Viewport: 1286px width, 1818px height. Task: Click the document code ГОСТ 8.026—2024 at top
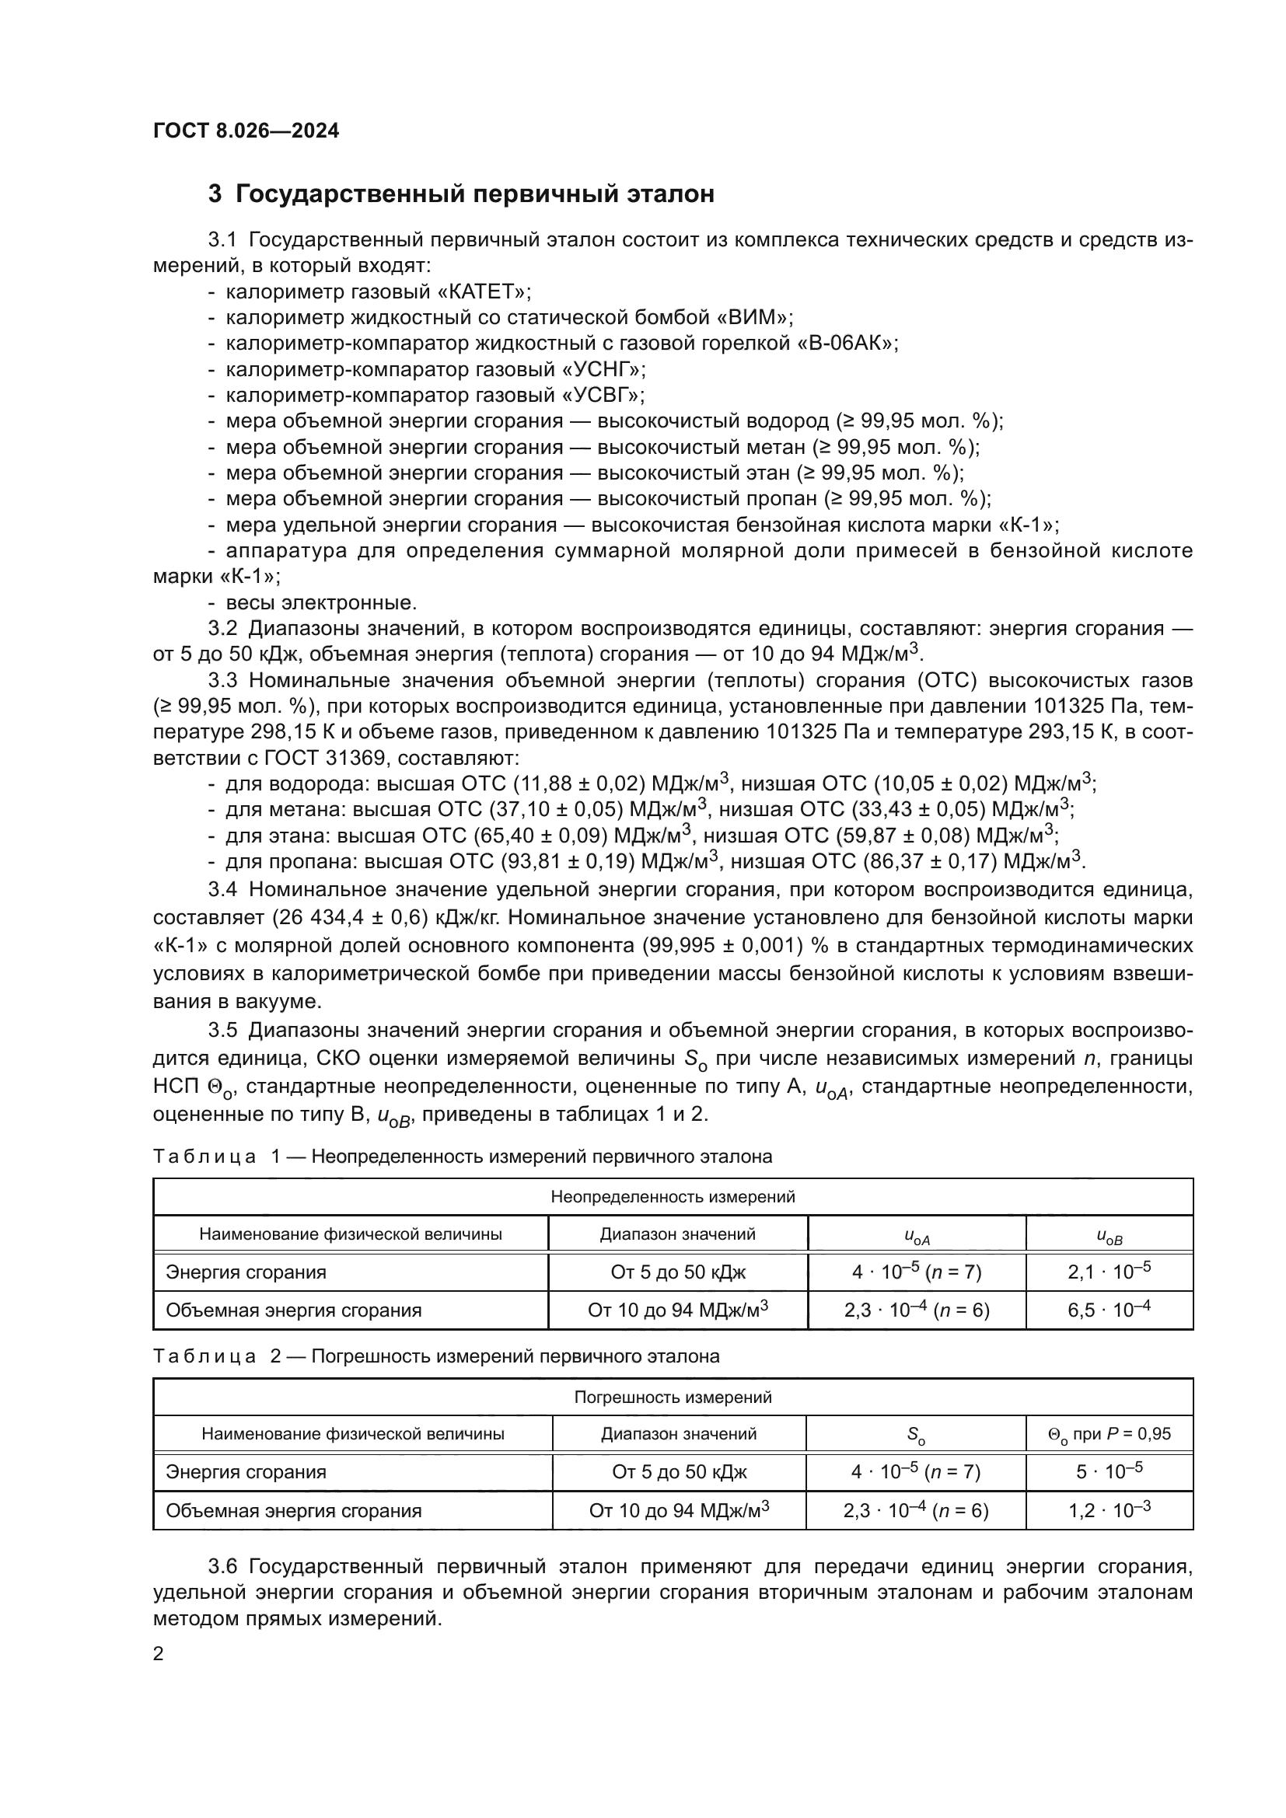point(246,131)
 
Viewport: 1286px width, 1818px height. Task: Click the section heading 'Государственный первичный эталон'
point(474,194)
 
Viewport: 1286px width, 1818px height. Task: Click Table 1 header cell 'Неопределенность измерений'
point(673,1197)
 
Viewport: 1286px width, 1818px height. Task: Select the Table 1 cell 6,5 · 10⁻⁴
point(1109,1310)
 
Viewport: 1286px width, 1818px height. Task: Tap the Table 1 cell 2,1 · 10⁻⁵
point(1109,1272)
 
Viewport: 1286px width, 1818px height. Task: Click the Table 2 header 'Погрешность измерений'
point(673,1398)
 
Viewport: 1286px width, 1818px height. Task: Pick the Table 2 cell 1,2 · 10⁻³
point(1109,1511)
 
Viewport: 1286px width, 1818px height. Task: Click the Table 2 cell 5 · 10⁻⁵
point(1109,1472)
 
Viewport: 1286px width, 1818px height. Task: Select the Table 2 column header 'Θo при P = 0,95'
point(1109,1434)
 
